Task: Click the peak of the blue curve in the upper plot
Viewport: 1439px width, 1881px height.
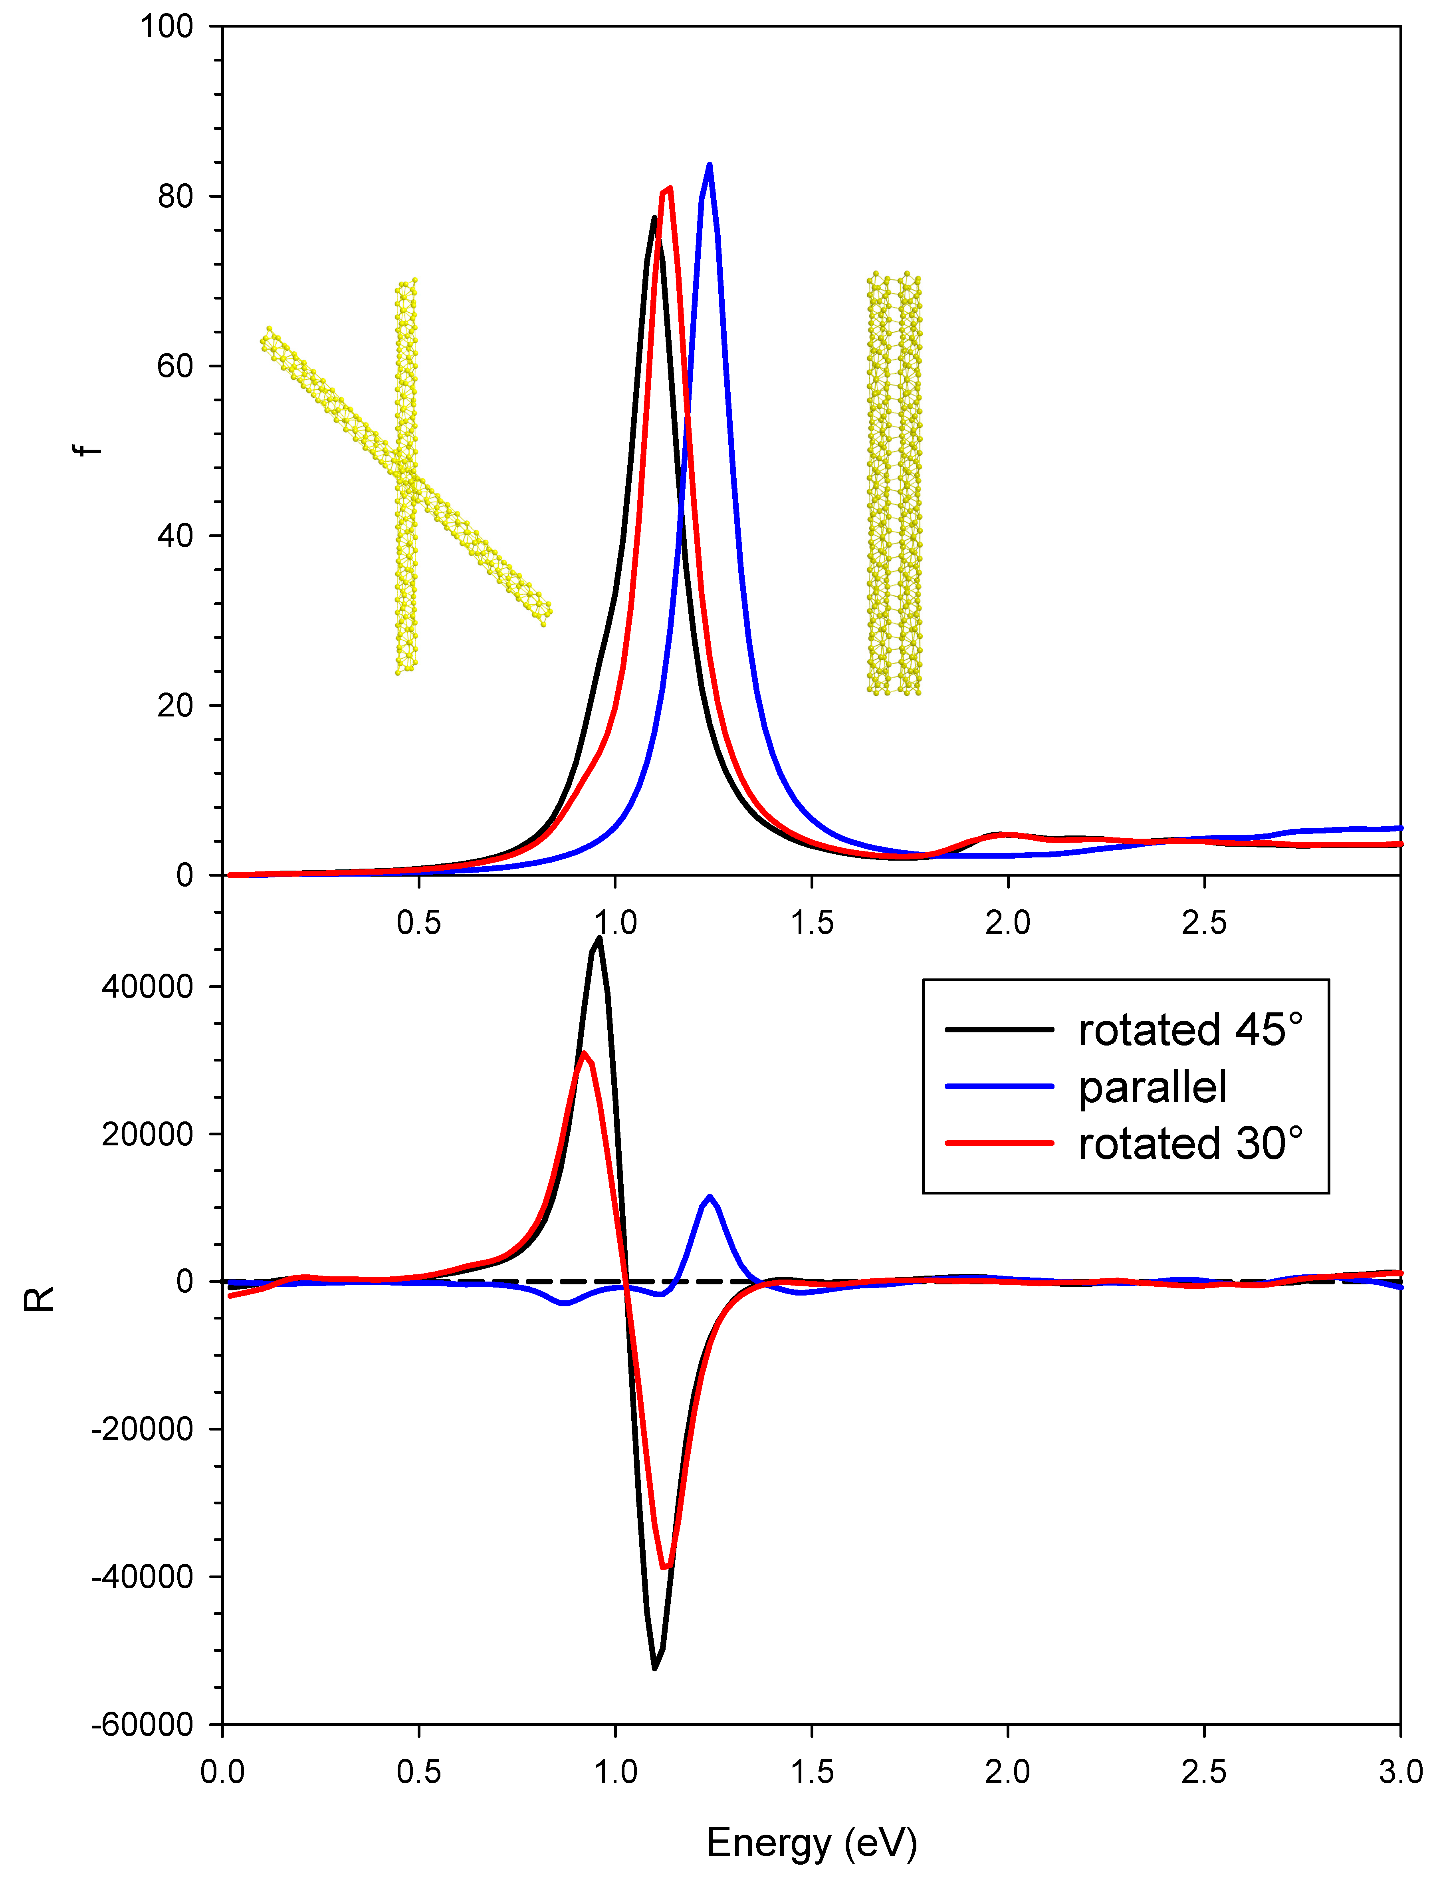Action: pos(709,165)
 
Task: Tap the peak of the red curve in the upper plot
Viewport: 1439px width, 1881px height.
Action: pos(669,188)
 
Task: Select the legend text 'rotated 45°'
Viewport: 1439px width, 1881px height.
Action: pos(1191,1030)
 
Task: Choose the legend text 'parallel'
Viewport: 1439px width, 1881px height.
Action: pos(1152,1087)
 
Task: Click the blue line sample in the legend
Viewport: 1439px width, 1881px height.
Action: pos(999,1086)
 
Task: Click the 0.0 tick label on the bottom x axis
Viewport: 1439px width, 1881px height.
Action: pos(223,1771)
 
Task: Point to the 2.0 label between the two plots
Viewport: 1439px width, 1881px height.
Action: pos(1007,923)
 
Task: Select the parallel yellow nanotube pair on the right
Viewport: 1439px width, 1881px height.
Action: pos(893,484)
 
